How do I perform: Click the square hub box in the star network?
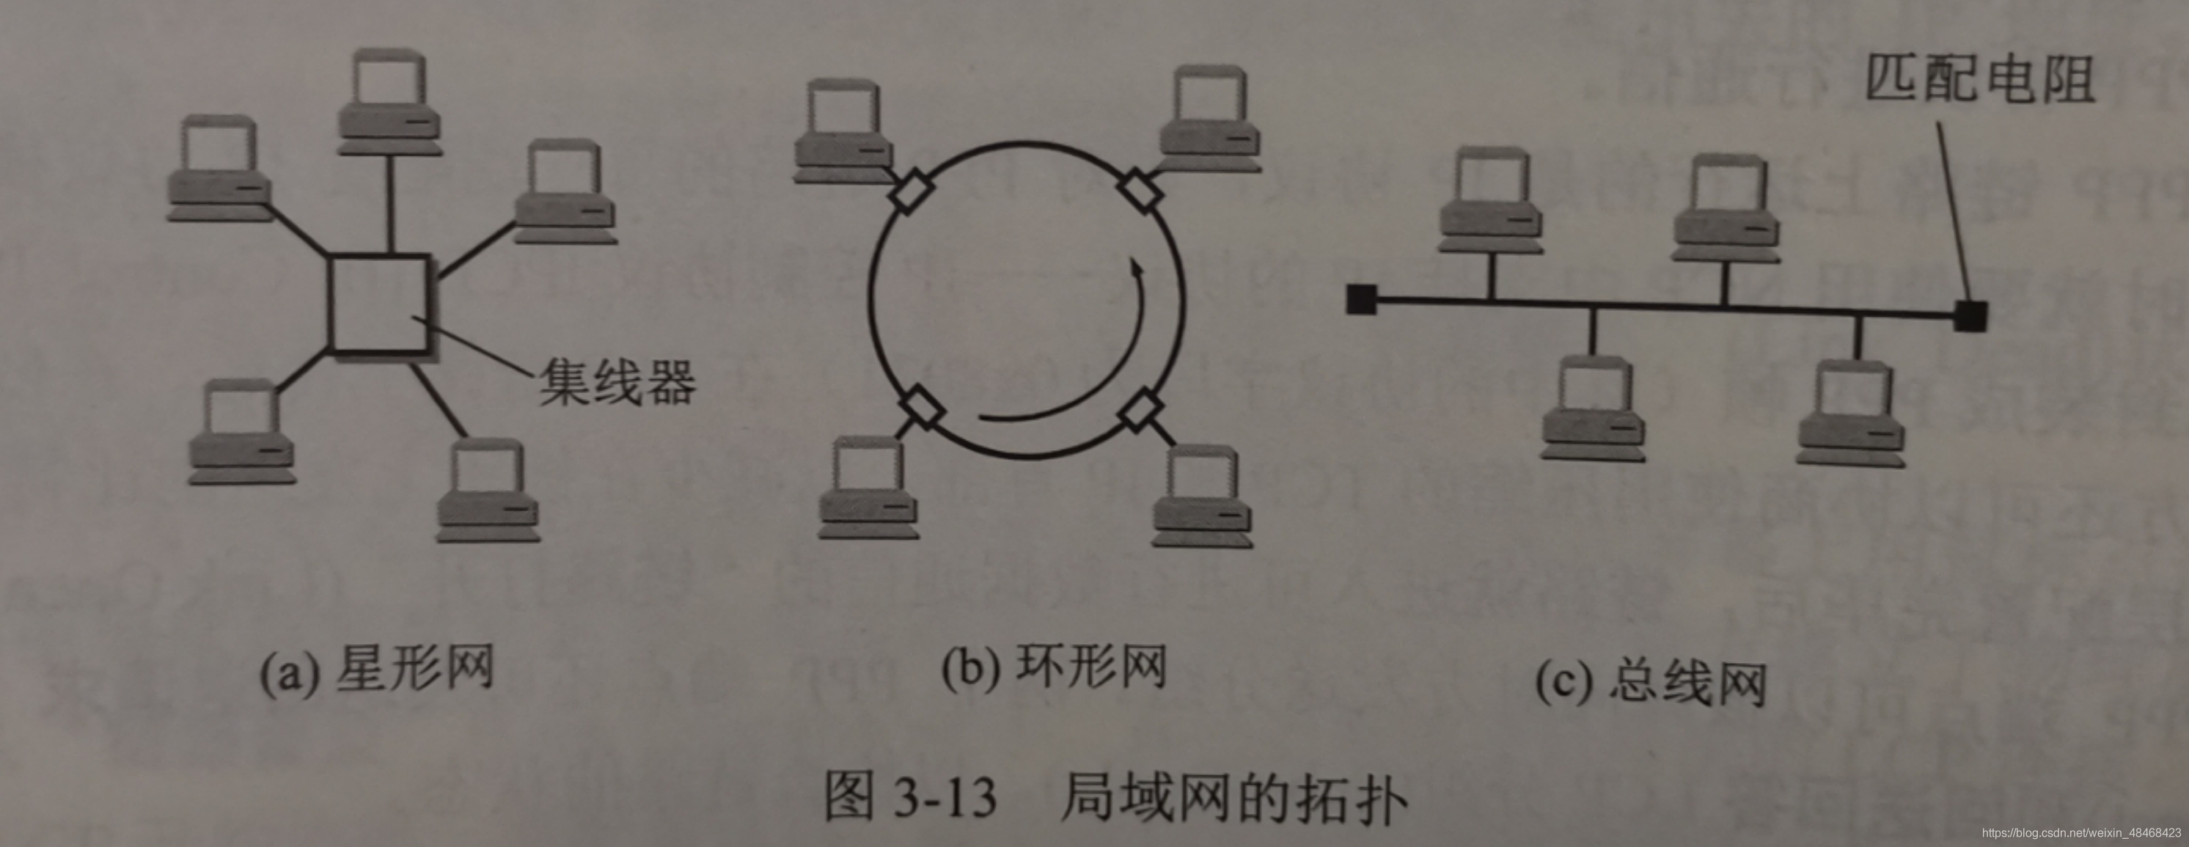tap(379, 304)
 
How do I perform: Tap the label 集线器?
tap(617, 381)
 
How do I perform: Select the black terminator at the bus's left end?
tap(1361, 299)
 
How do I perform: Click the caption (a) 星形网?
tap(376, 670)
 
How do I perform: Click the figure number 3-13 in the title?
tap(945, 798)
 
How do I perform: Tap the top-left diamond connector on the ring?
tap(910, 192)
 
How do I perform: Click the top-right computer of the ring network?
tap(1210, 121)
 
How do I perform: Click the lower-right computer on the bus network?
tap(1850, 414)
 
